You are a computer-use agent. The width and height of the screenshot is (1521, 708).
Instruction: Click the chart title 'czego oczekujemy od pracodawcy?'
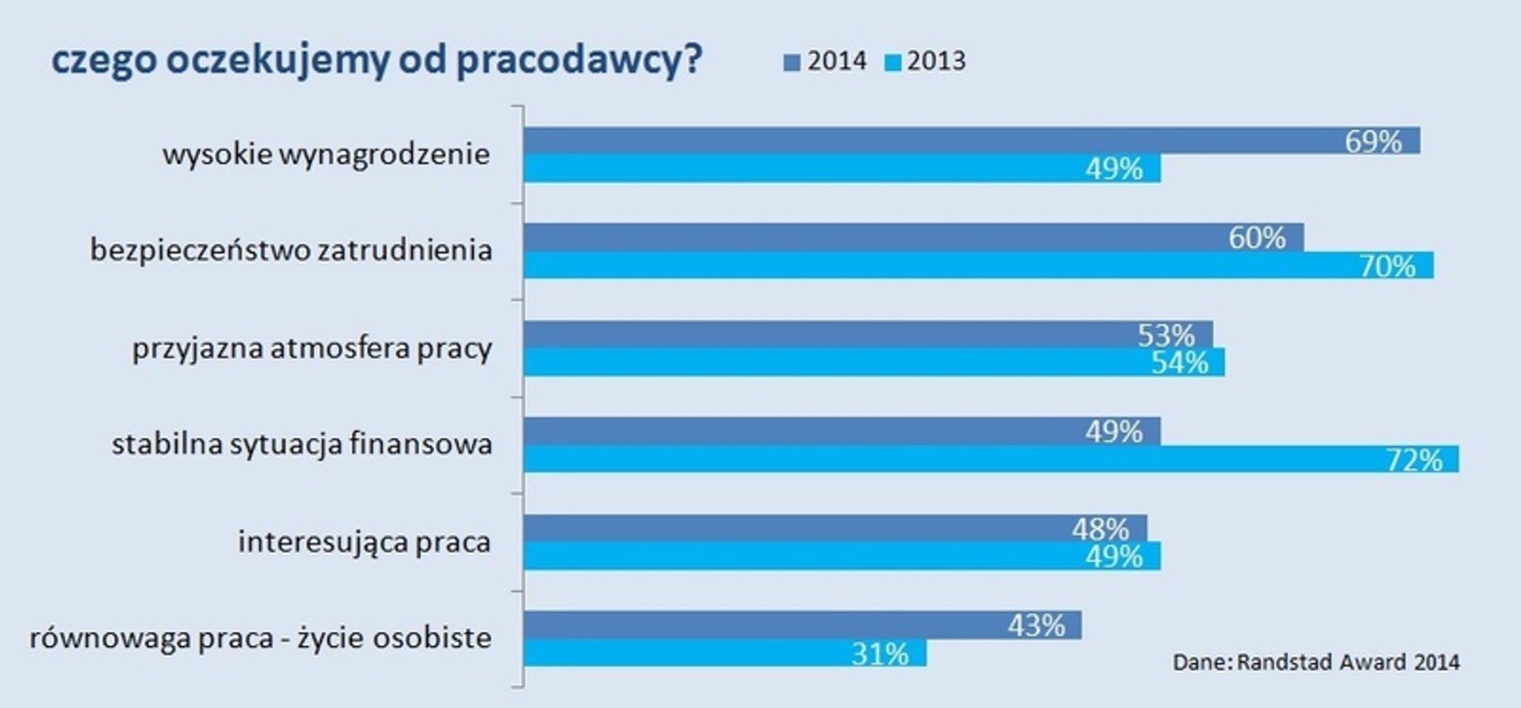377,60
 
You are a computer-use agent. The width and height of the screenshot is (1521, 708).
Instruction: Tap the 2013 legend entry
926,61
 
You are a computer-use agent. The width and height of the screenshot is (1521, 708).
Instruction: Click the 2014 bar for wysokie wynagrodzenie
929,141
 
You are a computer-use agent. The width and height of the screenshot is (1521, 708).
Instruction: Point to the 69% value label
1373,142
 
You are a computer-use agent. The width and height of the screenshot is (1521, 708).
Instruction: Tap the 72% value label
1414,459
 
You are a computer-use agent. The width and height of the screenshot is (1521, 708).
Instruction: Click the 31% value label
880,653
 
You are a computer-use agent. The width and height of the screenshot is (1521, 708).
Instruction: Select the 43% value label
1036,626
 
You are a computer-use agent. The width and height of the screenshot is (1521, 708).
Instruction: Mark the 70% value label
1387,265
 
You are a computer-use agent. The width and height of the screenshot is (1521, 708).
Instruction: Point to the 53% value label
1166,335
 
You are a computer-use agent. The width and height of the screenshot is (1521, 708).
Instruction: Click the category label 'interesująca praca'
363,542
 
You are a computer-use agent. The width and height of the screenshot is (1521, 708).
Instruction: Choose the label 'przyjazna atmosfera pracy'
312,349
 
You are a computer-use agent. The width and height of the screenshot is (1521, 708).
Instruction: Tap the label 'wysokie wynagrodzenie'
325,155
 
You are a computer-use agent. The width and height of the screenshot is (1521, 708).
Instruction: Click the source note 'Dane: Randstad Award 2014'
1316,662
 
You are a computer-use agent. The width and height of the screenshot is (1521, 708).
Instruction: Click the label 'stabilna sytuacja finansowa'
302,444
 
